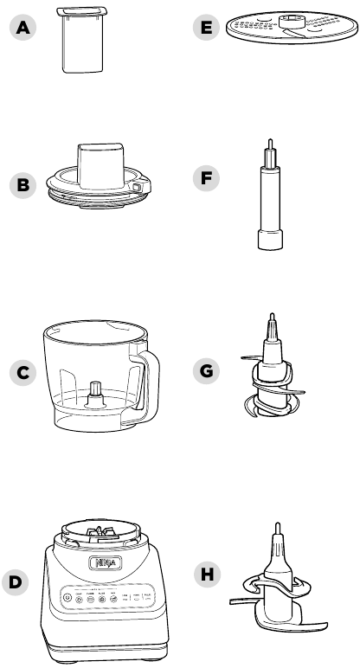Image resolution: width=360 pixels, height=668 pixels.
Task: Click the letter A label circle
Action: click(22, 28)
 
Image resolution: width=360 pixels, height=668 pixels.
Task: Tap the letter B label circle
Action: click(22, 184)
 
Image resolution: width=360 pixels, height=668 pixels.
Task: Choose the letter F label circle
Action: click(205, 178)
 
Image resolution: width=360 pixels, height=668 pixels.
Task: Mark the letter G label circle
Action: click(205, 371)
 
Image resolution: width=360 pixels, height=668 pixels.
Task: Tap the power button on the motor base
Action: click(67, 597)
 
